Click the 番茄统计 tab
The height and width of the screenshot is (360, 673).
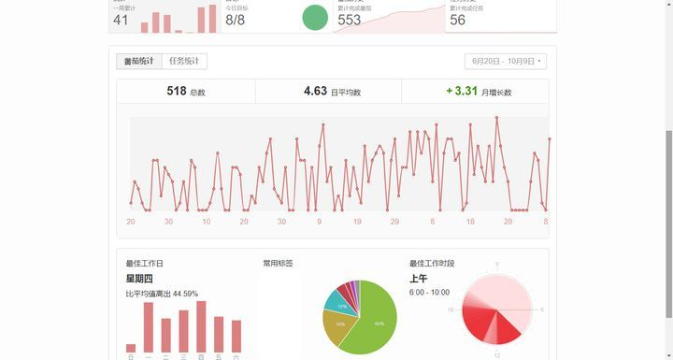pos(138,62)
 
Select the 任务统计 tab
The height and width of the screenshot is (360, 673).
pos(183,62)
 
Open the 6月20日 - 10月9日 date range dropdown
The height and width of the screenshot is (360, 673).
pos(505,62)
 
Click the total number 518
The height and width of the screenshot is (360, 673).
pos(177,92)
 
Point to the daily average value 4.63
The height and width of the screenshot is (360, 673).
pos(315,92)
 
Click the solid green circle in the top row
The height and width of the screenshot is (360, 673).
pos(315,17)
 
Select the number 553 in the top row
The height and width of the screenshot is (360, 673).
pos(350,20)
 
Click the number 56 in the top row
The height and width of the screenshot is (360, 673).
pos(457,20)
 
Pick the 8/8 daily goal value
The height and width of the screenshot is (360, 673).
pos(236,20)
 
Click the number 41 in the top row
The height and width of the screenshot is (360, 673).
pos(122,20)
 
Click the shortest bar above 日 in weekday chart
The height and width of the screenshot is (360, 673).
pos(131,348)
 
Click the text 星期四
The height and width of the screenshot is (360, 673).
pos(139,279)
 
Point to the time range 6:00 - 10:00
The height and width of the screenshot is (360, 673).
pos(429,293)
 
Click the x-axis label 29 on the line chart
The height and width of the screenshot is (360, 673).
pos(394,222)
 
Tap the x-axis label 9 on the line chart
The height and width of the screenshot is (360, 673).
pos(319,222)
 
